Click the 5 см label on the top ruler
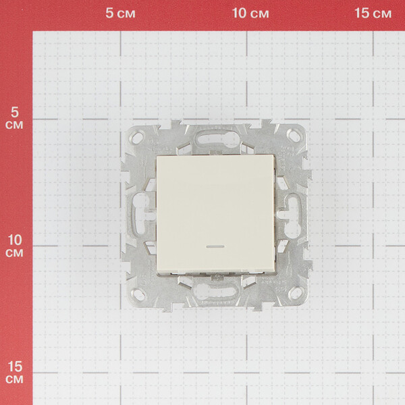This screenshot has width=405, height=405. point(120,13)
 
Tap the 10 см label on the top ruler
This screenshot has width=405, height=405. point(250,13)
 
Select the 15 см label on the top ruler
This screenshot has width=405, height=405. point(373,13)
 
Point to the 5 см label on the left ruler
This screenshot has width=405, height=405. point(14,118)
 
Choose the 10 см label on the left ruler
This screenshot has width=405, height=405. point(15,246)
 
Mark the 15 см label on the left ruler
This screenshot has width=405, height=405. point(15,373)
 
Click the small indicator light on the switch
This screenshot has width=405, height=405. point(215,246)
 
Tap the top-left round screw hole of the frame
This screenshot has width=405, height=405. point(137,137)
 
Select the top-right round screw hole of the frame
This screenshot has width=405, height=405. point(294,136)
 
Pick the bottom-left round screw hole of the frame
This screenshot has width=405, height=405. point(138,294)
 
